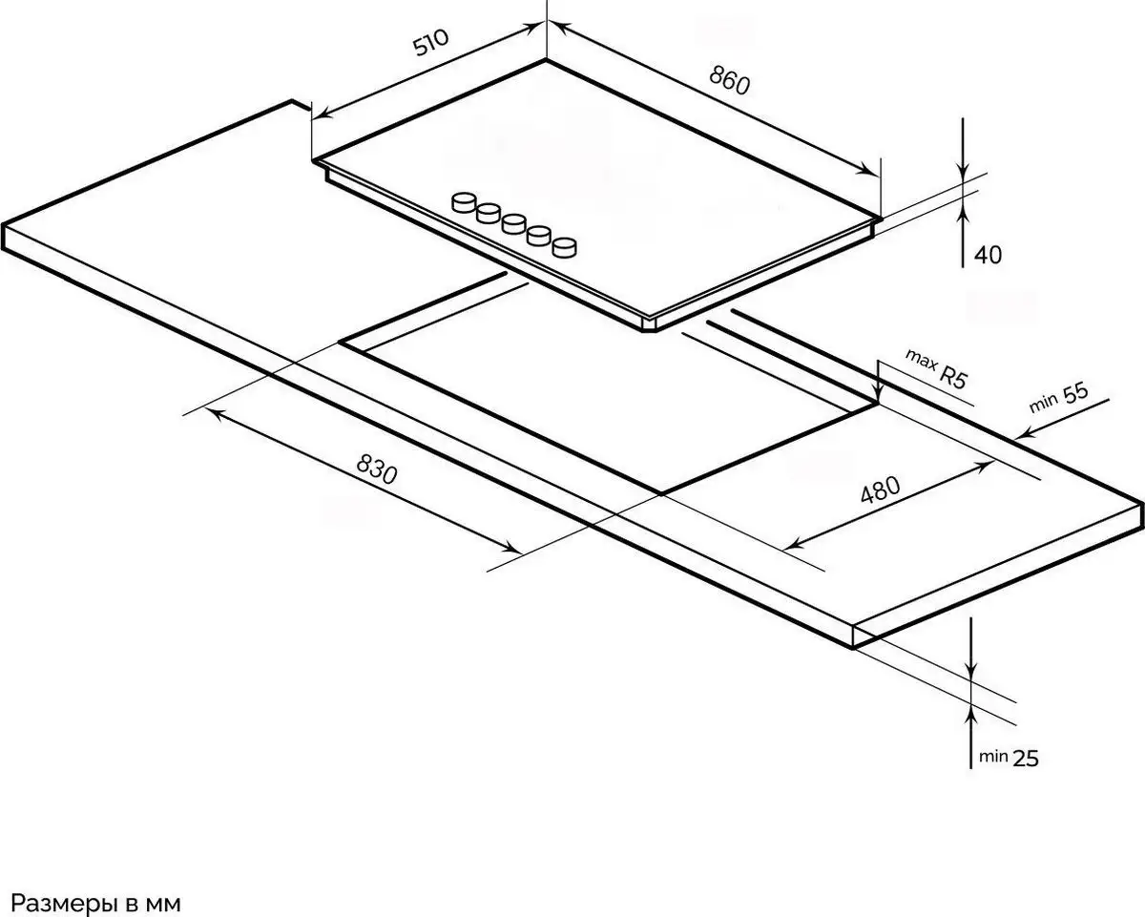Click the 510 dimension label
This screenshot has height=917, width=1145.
point(431,42)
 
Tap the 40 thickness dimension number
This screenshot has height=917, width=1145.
point(989,256)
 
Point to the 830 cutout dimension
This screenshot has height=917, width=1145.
point(377,469)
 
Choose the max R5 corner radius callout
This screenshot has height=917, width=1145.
point(936,369)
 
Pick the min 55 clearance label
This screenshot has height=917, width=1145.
point(1059,398)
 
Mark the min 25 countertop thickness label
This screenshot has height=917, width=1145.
point(1009,758)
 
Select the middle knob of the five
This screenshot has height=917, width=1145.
point(514,224)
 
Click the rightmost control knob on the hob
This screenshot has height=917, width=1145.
point(565,247)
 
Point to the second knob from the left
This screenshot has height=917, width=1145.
point(489,213)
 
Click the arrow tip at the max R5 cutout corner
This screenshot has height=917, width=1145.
point(878,402)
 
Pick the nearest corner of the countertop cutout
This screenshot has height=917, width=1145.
point(661,493)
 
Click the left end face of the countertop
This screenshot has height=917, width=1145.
point(4,237)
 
